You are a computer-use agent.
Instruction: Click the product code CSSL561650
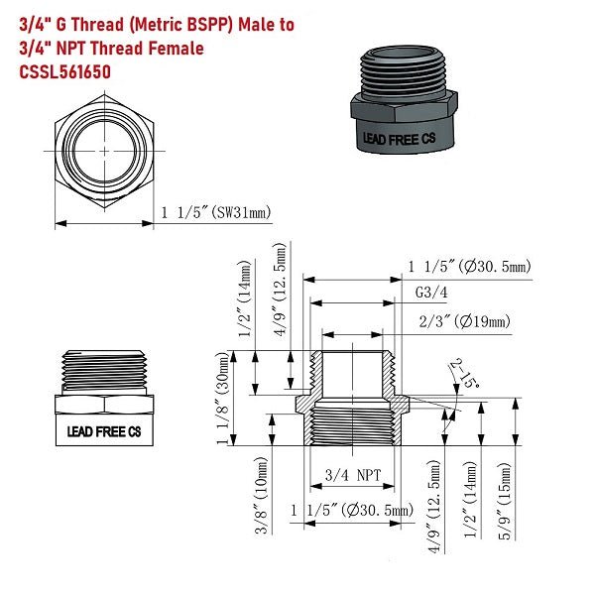(x=64, y=72)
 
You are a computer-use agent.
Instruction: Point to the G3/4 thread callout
(x=428, y=295)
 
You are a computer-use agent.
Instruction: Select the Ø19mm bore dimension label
(x=465, y=321)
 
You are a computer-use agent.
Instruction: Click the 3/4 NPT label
(x=353, y=475)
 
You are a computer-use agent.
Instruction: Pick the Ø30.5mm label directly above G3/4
(x=470, y=266)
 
